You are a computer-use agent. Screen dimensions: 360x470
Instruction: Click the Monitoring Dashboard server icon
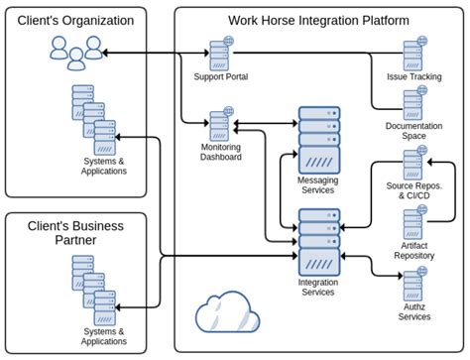221,125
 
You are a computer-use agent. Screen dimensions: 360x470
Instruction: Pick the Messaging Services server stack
318,141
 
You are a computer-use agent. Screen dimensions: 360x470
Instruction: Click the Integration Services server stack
318,244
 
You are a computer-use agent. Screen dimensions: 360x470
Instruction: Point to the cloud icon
227,313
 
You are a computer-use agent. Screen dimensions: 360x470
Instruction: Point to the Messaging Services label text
318,184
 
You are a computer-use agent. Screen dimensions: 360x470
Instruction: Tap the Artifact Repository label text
414,250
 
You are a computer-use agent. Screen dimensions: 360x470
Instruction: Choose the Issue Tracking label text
414,76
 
